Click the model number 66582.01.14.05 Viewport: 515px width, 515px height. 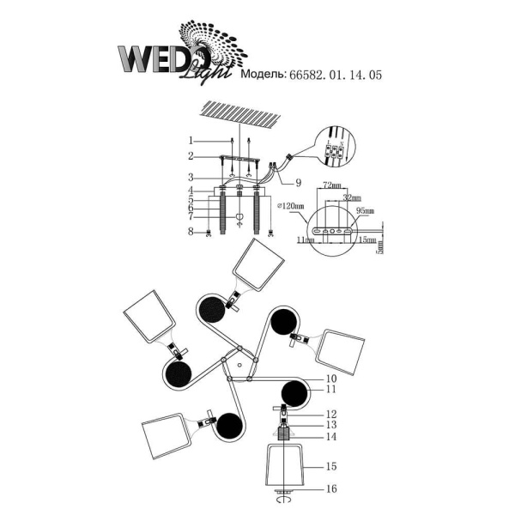[338, 76]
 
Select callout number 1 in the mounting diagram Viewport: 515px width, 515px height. [193, 141]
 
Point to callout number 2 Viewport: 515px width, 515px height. [193, 156]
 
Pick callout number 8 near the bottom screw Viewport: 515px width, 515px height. [193, 231]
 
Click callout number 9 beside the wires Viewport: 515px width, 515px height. [299, 182]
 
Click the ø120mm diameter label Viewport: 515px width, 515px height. [291, 206]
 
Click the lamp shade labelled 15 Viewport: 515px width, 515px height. [282, 467]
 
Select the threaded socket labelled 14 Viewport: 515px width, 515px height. [283, 435]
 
